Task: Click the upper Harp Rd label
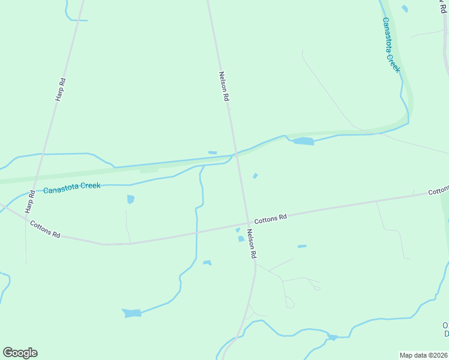click(61, 89)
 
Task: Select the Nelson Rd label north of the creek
click(223, 86)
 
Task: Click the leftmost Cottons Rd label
click(46, 229)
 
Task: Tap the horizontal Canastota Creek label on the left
click(72, 187)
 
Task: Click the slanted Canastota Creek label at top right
click(391, 44)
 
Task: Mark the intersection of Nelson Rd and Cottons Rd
click(246, 224)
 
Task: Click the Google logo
click(20, 353)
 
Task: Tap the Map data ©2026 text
click(424, 355)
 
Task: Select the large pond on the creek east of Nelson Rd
click(304, 142)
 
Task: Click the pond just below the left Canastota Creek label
click(131, 199)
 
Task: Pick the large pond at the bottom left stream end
click(133, 313)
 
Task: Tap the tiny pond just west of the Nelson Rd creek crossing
click(212, 152)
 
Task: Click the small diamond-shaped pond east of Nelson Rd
click(255, 176)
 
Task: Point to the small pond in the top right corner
click(405, 8)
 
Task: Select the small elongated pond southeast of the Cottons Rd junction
click(302, 246)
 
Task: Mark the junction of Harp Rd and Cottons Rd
click(24, 218)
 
